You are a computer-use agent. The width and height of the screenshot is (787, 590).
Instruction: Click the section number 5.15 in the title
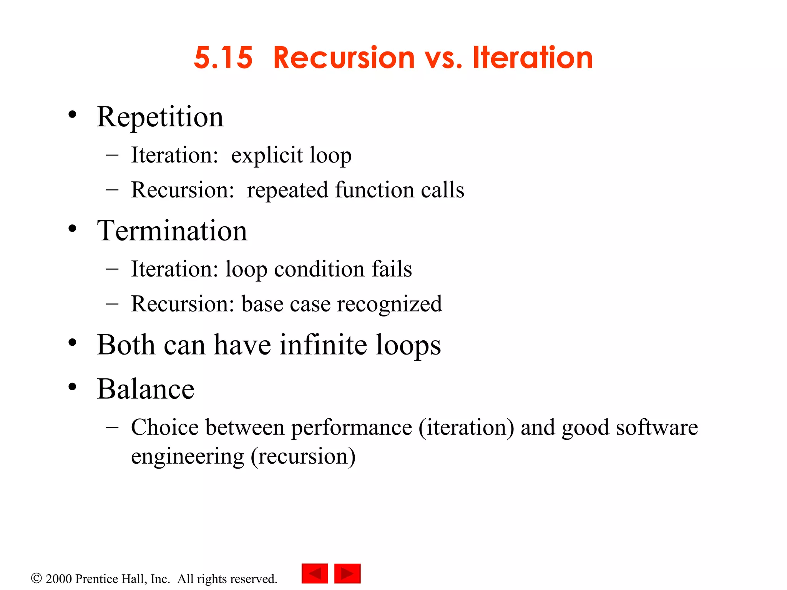(223, 58)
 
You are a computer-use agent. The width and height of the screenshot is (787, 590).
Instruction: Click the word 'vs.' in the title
(443, 58)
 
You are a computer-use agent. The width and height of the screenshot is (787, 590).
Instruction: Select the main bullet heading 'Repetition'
(160, 117)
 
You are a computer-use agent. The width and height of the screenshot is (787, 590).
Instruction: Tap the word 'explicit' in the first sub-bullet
(267, 156)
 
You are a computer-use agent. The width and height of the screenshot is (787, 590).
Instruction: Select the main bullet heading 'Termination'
(172, 231)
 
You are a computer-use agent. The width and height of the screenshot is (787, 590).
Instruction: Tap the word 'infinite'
(323, 345)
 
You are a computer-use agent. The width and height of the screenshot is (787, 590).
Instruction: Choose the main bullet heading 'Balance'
(146, 389)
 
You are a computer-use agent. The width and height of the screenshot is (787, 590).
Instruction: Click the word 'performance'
(351, 428)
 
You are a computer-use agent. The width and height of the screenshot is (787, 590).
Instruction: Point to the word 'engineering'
(188, 457)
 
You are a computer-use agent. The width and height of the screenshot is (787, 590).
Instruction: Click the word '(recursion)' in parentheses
(303, 457)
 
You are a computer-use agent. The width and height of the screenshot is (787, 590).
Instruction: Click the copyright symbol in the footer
(36, 578)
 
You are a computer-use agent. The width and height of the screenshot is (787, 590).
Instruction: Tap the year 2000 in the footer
(59, 579)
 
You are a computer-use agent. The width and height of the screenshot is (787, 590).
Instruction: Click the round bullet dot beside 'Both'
(72, 343)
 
